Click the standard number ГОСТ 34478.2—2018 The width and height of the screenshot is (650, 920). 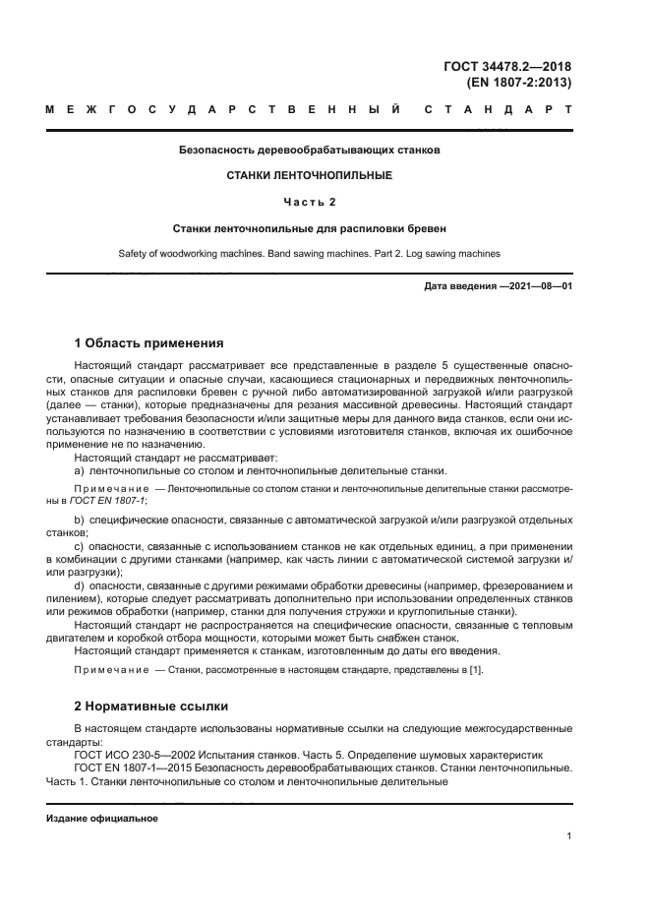pos(507,67)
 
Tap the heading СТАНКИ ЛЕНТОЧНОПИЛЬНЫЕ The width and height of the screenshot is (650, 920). pos(310,175)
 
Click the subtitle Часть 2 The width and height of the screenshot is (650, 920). pos(310,202)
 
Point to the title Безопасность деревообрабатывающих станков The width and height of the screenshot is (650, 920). pos(310,151)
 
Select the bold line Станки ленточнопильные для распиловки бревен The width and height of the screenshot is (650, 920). pos(310,227)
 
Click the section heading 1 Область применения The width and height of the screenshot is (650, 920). pos(149,343)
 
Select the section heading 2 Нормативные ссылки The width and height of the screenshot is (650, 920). pos(151,705)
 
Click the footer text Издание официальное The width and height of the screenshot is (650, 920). pos(101,819)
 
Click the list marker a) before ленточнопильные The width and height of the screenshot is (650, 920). pos(80,470)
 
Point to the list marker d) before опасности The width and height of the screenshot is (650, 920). pos(80,585)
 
